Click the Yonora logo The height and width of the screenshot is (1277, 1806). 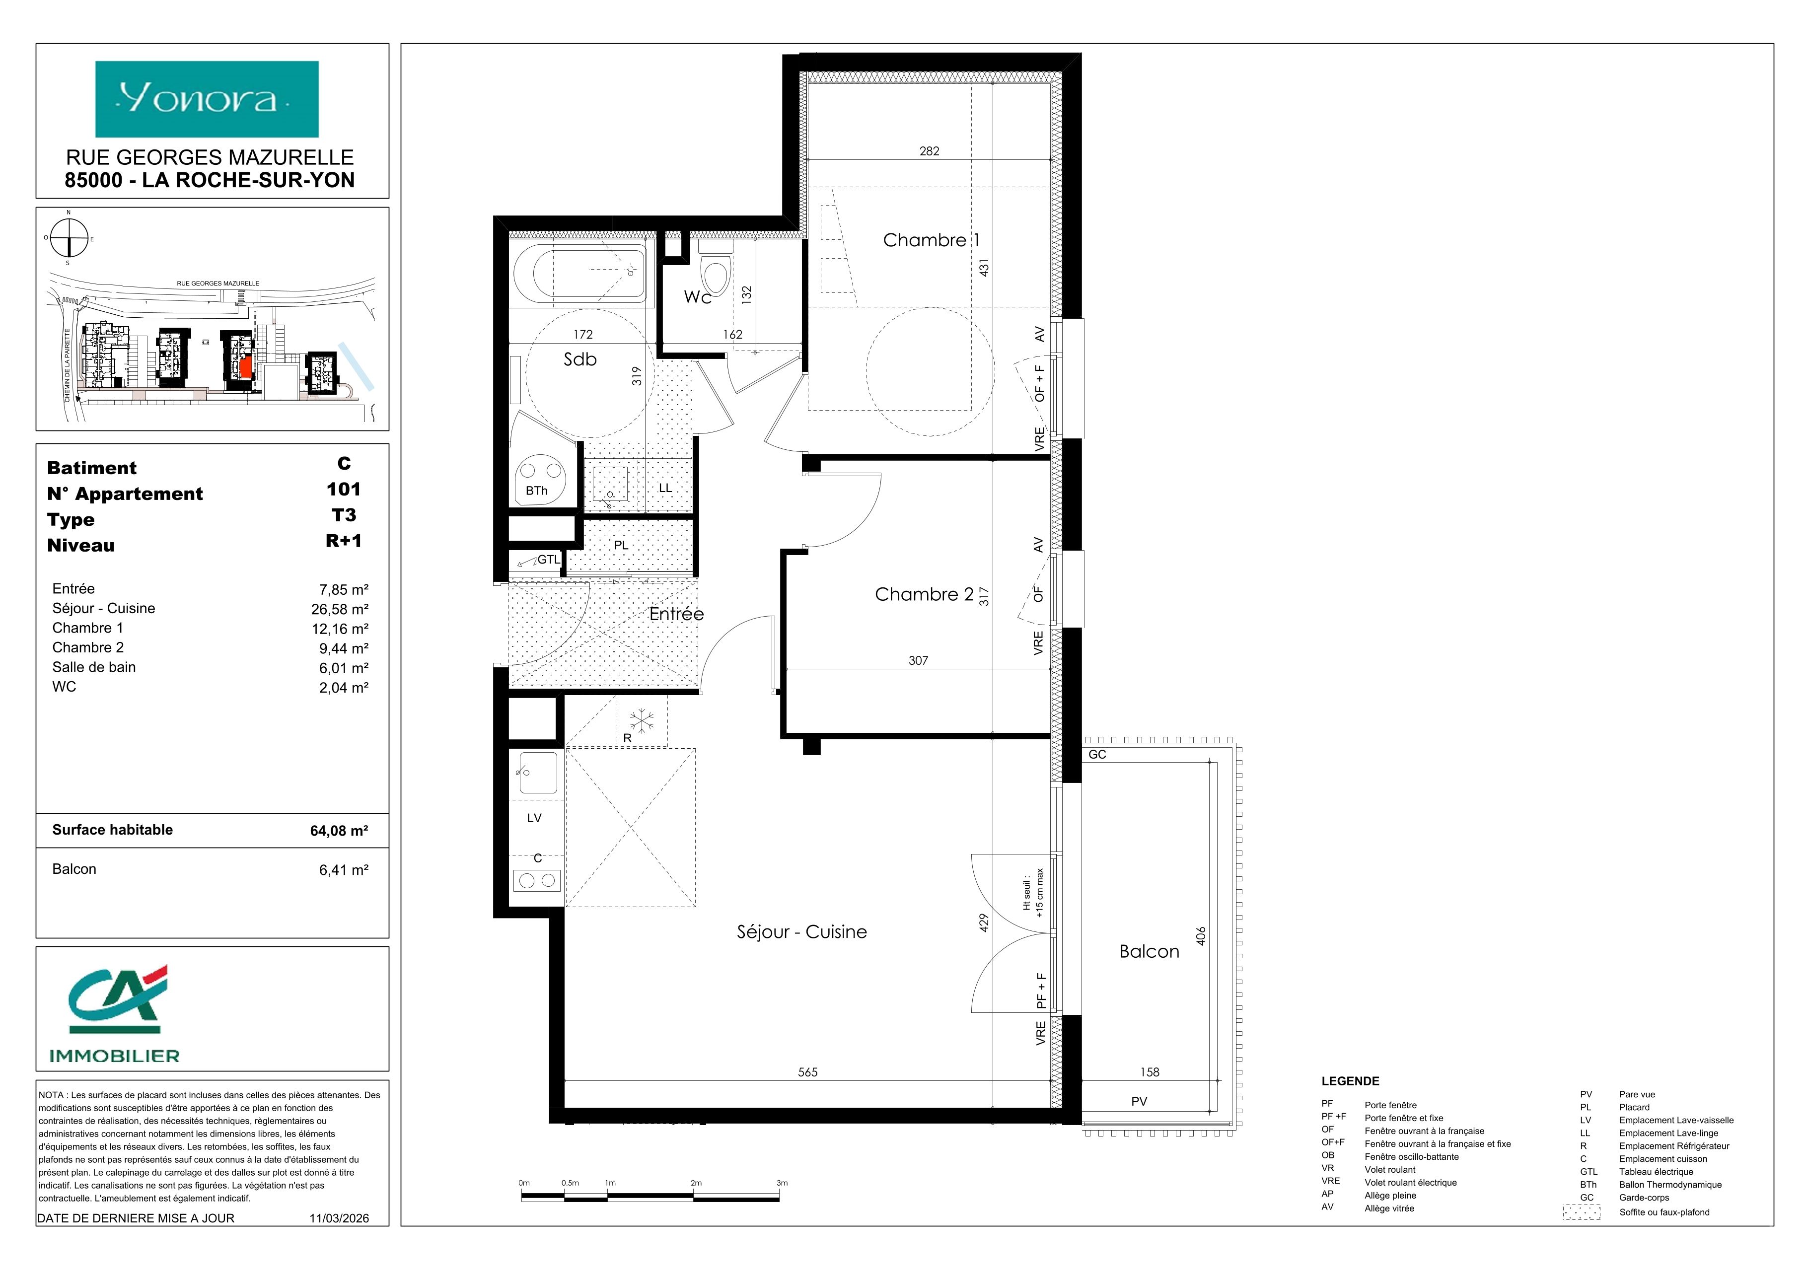click(207, 99)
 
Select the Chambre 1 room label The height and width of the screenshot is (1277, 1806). click(932, 240)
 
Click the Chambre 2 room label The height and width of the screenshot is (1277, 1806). click(924, 594)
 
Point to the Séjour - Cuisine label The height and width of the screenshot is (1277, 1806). click(801, 932)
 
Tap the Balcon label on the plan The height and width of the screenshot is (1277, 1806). click(1149, 951)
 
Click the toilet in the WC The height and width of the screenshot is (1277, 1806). click(716, 271)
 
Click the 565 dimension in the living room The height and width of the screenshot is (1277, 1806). click(808, 1072)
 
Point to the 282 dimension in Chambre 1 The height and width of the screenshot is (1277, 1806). click(930, 151)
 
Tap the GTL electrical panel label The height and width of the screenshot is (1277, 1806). click(548, 560)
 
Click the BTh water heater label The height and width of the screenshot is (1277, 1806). click(536, 491)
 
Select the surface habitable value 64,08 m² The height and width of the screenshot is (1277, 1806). click(339, 830)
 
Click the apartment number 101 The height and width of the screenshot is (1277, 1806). click(344, 489)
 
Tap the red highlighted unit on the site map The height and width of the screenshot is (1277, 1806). click(246, 366)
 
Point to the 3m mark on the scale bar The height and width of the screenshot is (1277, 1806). click(781, 1183)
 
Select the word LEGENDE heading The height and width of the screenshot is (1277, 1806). click(1350, 1081)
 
